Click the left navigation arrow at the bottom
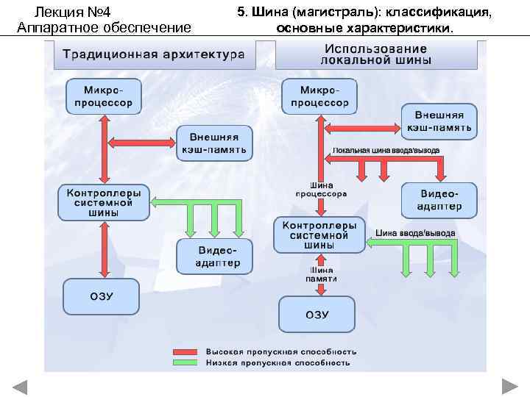pos(19,387)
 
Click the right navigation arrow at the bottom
pos(510,387)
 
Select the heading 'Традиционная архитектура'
pos(152,54)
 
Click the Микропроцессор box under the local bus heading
pos(319,96)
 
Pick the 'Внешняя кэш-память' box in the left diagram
pos(214,143)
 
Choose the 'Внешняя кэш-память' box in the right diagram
pos(439,121)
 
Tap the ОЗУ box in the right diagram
pos(317,315)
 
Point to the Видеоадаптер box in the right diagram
pos(439,200)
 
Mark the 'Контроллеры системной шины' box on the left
pos(103,202)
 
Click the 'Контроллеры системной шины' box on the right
pos(319,235)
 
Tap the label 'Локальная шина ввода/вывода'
pos(386,150)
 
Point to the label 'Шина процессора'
pos(321,190)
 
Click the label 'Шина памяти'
pos(322,274)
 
